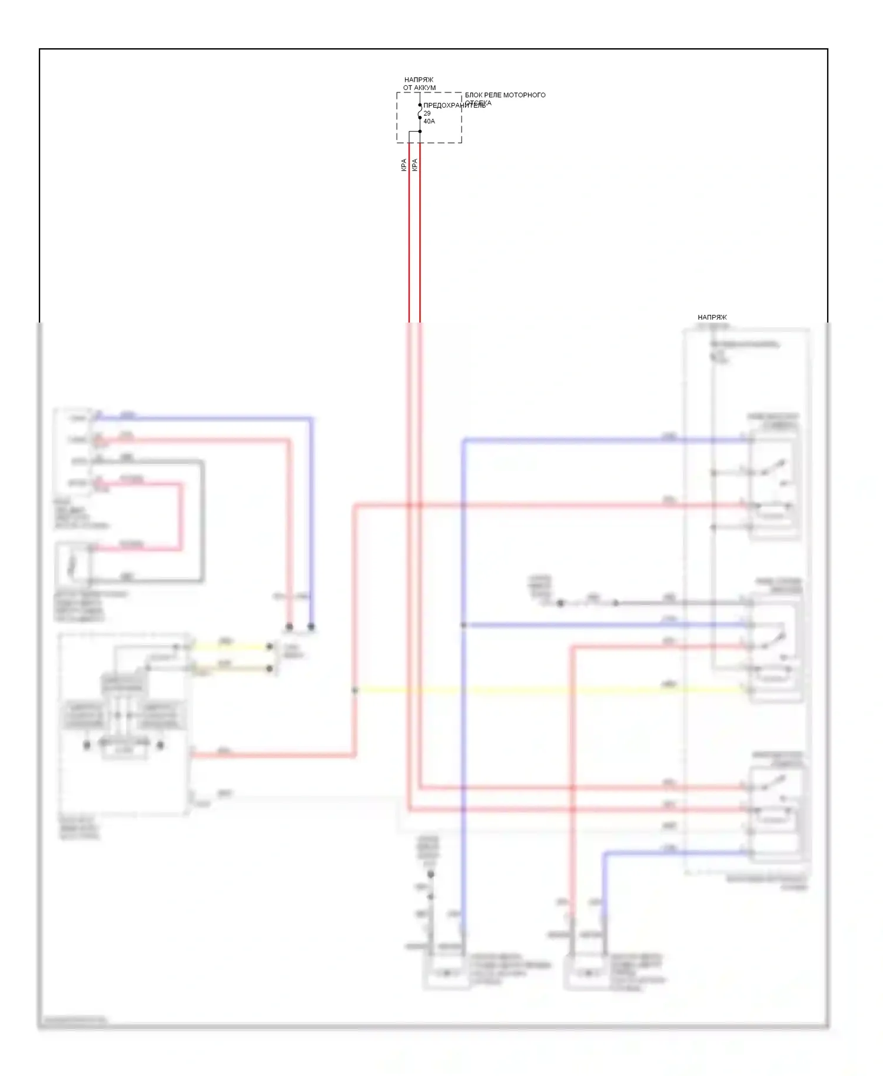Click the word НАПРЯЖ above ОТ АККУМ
click(419, 79)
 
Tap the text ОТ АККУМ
click(419, 88)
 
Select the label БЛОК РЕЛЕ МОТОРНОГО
click(505, 95)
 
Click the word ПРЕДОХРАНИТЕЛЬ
click(454, 105)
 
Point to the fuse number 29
click(427, 113)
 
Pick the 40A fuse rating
click(429, 121)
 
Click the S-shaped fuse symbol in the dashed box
click(420, 112)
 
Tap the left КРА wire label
click(404, 165)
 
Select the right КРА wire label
click(414, 165)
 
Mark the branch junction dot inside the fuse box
click(420, 131)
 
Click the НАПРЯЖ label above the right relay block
click(712, 317)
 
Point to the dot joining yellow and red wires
click(355, 690)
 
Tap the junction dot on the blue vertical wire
click(464, 625)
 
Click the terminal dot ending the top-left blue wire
click(311, 626)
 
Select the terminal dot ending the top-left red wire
click(289, 626)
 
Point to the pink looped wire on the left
click(181, 517)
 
